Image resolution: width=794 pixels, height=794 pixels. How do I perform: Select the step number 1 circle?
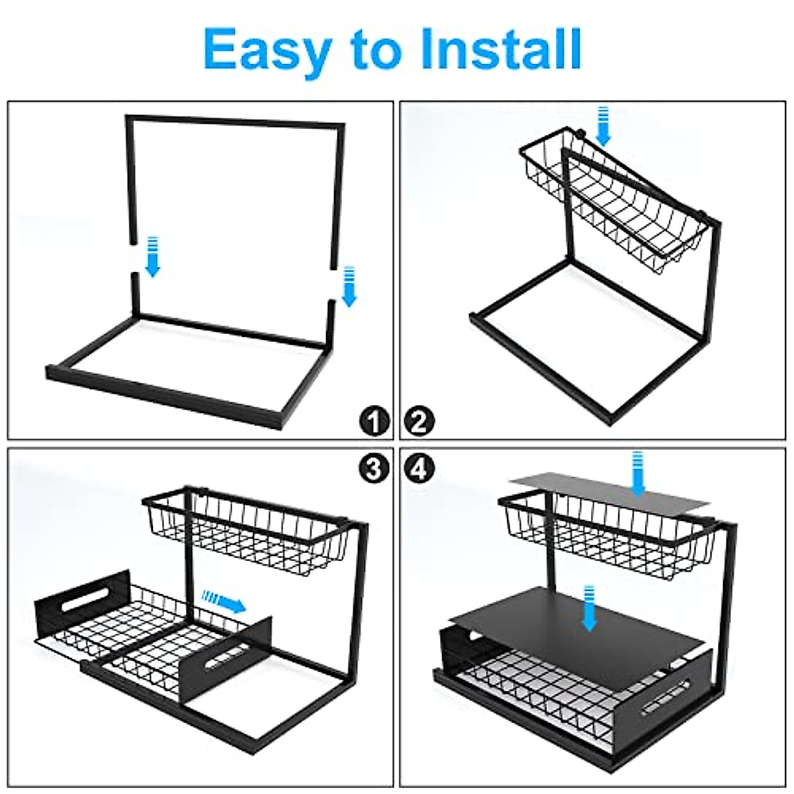[375, 421]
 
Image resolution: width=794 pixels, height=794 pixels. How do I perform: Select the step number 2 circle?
[419, 421]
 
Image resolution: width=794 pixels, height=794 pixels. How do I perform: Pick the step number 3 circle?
[375, 468]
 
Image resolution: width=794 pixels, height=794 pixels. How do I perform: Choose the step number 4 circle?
[419, 468]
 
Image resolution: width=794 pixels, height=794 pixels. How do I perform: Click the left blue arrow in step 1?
[153, 256]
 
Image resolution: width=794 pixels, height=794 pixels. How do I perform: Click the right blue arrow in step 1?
[349, 287]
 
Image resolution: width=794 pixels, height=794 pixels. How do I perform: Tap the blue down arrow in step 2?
[603, 126]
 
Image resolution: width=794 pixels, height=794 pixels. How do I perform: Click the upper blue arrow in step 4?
[638, 474]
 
